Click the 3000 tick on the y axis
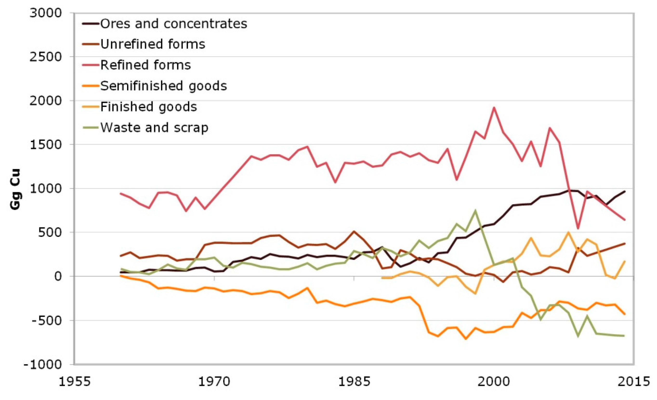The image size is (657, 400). coord(46,13)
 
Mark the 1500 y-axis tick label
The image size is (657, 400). coord(46,144)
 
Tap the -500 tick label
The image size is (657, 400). coord(46,320)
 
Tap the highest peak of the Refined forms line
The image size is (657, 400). coord(494,108)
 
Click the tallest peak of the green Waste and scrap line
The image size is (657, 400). coord(475,210)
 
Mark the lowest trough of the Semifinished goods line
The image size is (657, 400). coord(466,339)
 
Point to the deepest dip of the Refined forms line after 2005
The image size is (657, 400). coord(578,229)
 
